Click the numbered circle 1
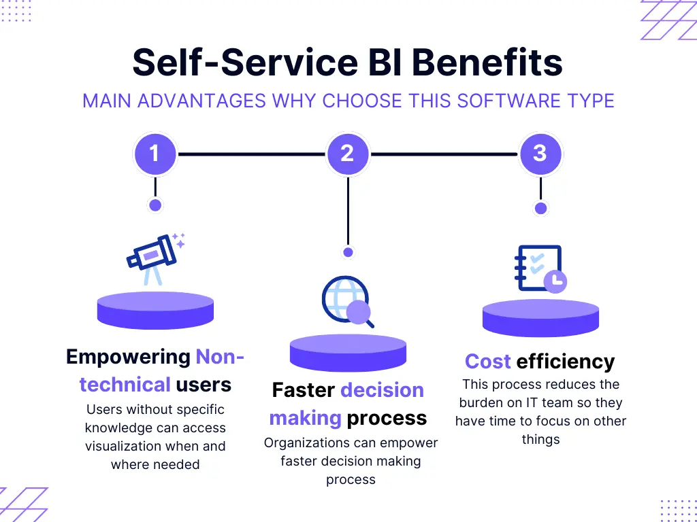[x=155, y=154]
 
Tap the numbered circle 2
[x=348, y=154]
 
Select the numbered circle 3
[x=540, y=154]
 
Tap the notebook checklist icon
[x=540, y=269]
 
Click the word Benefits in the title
[x=487, y=63]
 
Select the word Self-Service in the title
[x=245, y=63]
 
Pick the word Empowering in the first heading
[x=129, y=356]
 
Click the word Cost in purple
[x=487, y=362]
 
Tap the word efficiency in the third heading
[x=566, y=362]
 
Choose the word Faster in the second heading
[x=303, y=390]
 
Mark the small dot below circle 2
[x=348, y=252]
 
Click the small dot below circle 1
[x=155, y=205]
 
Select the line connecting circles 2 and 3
[x=444, y=154]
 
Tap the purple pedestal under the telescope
[x=156, y=310]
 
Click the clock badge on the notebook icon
[x=555, y=281]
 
